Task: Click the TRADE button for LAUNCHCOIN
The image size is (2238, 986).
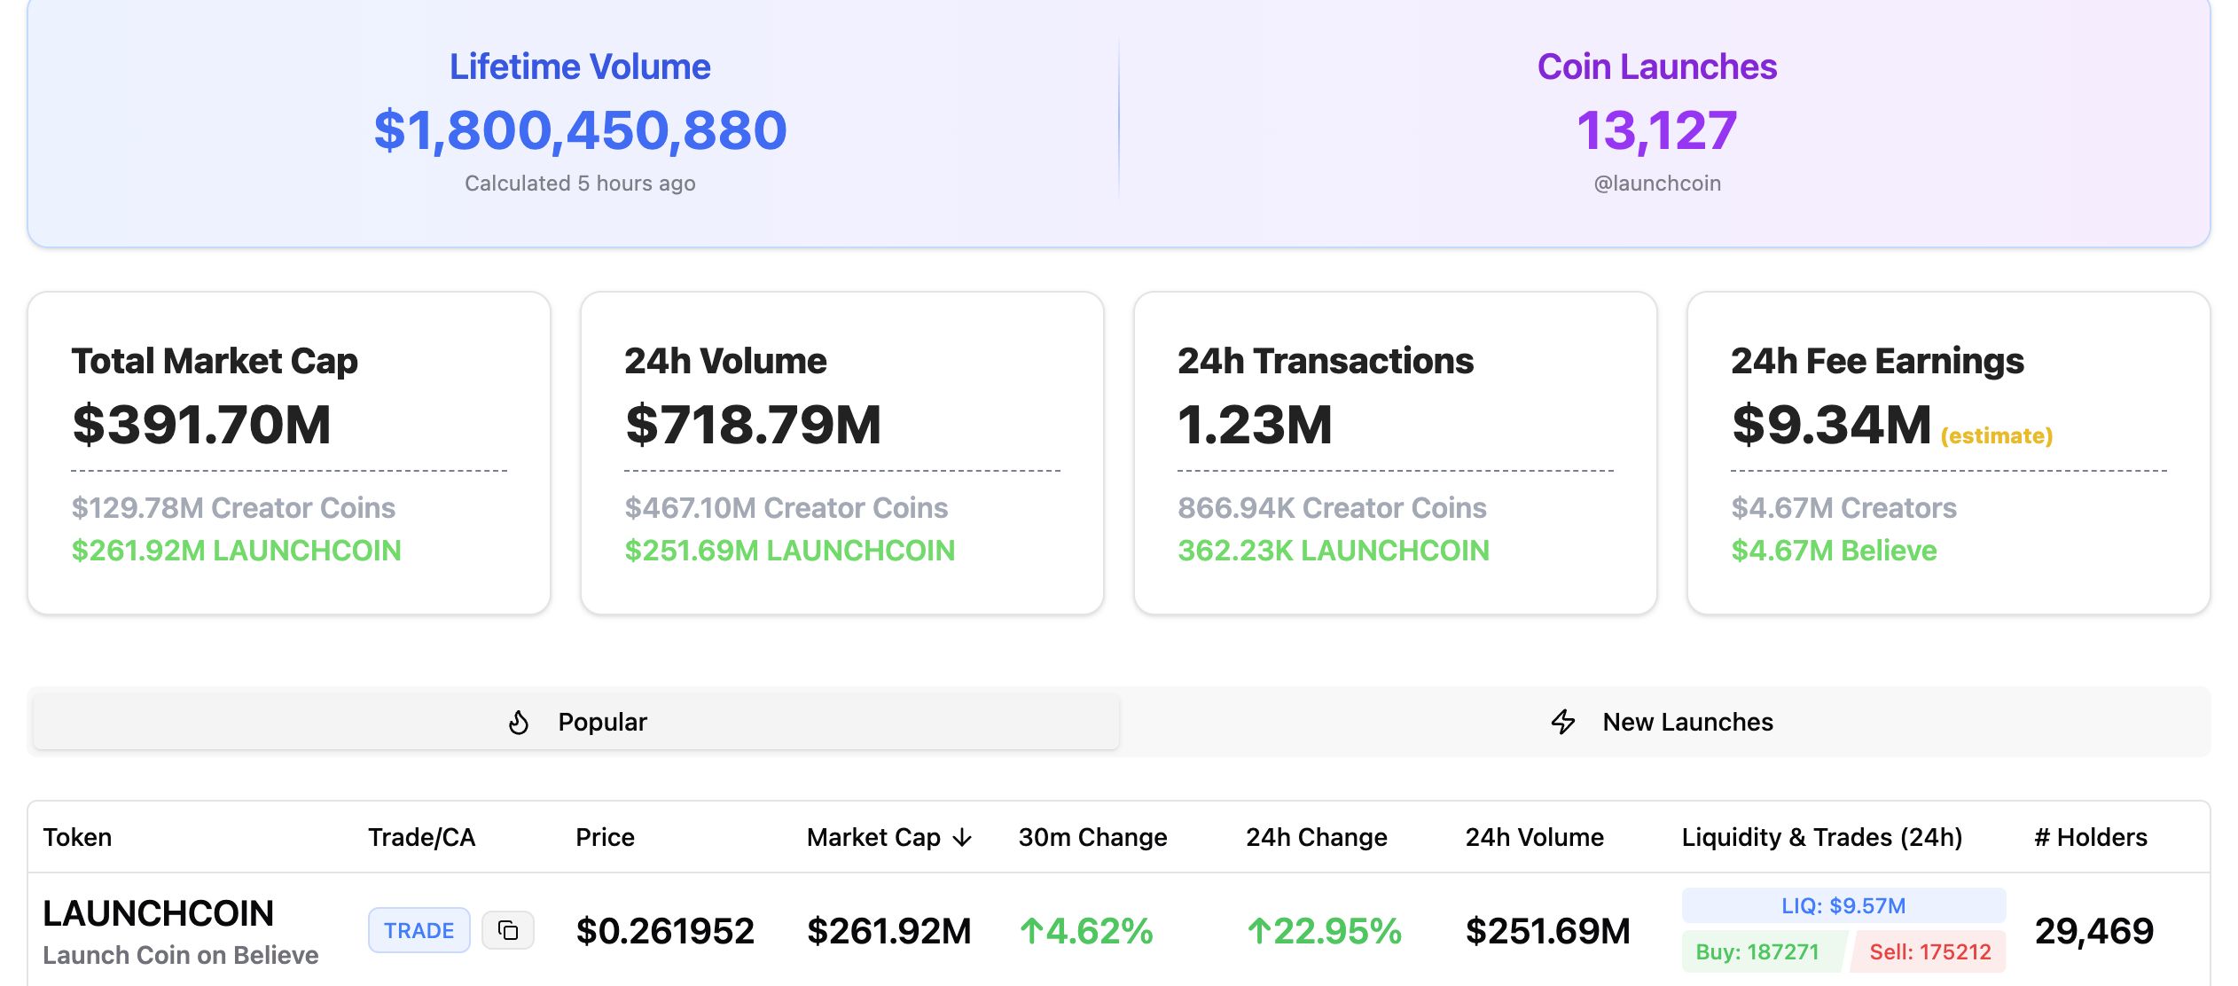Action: coord(419,930)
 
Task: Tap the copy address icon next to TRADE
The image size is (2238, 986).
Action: coord(508,930)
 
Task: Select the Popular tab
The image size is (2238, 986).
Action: coord(576,722)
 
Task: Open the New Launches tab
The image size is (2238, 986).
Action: coord(1663,722)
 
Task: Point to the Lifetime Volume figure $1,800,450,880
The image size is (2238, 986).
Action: coord(580,130)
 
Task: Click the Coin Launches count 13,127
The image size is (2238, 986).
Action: coord(1656,130)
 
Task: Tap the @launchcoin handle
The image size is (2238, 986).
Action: coord(1656,184)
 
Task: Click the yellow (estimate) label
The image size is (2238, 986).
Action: coord(1996,435)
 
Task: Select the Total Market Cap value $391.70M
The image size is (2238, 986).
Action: coord(201,424)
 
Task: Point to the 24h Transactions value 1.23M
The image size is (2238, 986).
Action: coord(1255,424)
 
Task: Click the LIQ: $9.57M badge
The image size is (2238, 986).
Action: coord(1843,905)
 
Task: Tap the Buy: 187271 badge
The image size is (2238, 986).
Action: coord(1757,952)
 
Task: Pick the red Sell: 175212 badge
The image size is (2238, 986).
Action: coord(1929,952)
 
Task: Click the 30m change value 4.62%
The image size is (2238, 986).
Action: coord(1086,931)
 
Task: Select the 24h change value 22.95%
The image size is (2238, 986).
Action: coord(1324,931)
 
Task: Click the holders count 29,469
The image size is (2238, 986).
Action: coord(2093,931)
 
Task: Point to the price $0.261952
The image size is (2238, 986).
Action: coord(665,931)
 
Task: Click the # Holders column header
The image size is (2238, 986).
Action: coord(2090,837)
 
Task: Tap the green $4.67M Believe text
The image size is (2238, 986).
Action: coord(1834,551)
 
